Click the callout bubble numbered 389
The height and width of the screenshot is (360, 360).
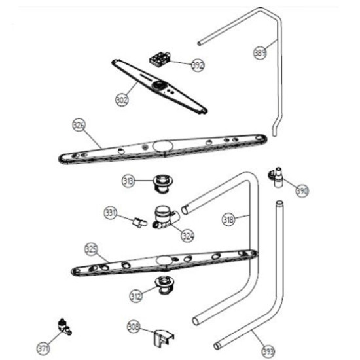click(260, 53)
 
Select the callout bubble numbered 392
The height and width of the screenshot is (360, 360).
click(198, 65)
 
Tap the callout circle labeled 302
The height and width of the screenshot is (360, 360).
click(122, 100)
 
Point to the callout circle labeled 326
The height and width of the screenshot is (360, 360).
click(79, 125)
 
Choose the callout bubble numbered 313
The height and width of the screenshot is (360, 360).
click(128, 181)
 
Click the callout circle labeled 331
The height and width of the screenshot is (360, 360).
click(111, 213)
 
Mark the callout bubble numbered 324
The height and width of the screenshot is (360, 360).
click(188, 236)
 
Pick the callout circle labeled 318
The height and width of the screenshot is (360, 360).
click(228, 219)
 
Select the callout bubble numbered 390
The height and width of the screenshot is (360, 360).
click(302, 190)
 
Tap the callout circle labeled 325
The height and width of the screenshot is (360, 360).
click(92, 249)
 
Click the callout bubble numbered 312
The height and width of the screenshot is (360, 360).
click(136, 296)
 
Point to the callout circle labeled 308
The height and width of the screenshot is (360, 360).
click(134, 327)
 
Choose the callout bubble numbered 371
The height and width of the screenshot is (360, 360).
click(43, 348)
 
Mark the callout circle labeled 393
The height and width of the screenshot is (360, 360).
click(268, 351)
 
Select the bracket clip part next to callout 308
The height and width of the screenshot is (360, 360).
click(164, 338)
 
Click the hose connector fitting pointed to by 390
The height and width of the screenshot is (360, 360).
click(277, 177)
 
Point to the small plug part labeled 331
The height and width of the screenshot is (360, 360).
click(139, 223)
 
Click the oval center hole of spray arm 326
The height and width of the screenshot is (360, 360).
click(163, 145)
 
